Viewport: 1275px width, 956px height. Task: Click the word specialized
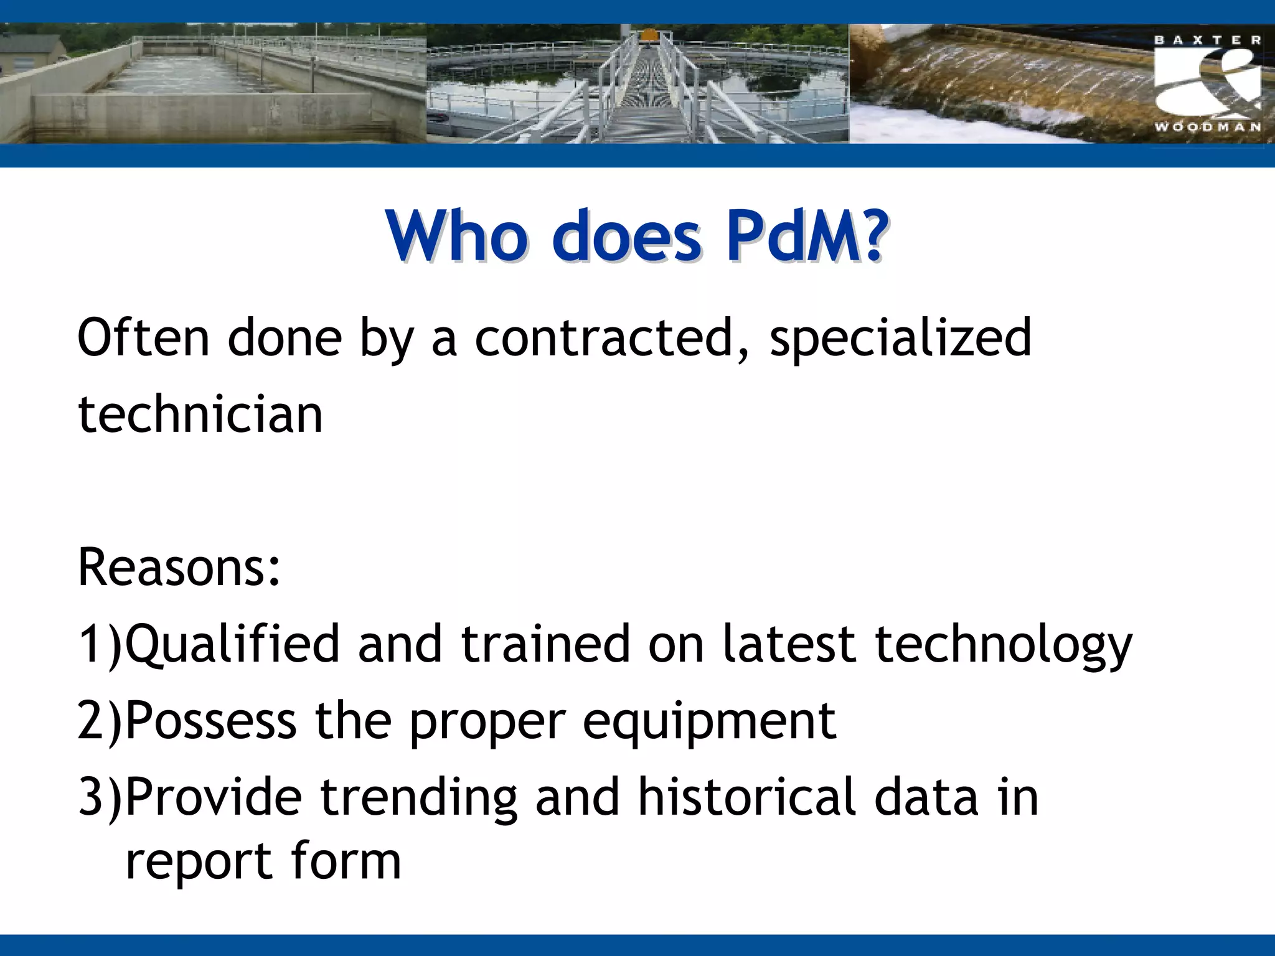901,339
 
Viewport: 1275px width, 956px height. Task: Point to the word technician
200,415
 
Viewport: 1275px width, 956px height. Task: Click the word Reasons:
179,567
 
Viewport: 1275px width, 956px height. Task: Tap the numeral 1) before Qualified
100,645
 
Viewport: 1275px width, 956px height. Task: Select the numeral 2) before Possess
100,721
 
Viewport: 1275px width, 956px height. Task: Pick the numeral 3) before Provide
100,797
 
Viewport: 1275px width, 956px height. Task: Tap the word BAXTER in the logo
1207,40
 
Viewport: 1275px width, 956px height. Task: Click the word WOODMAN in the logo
1207,127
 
